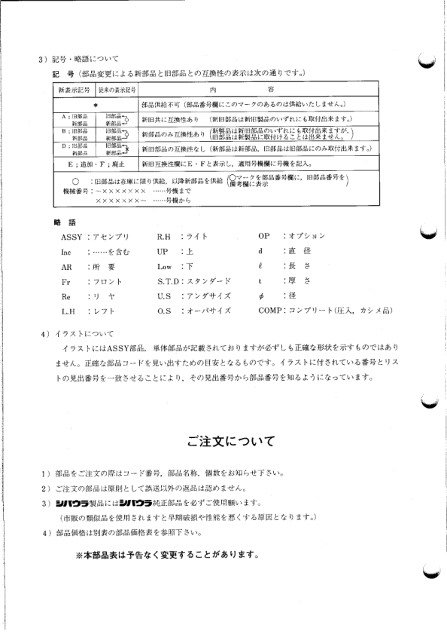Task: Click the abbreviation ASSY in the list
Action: click(x=71, y=236)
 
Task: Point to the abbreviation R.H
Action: click(x=165, y=236)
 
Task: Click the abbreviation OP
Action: click(x=263, y=236)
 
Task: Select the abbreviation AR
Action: click(x=66, y=266)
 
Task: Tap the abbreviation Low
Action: click(x=165, y=266)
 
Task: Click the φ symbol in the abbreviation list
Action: click(x=260, y=296)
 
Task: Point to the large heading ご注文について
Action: click(x=231, y=441)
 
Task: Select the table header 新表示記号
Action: click(x=74, y=90)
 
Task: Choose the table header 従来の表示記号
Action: click(x=116, y=90)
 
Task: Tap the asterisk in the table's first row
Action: click(x=96, y=104)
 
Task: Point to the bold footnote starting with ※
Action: click(x=167, y=556)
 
